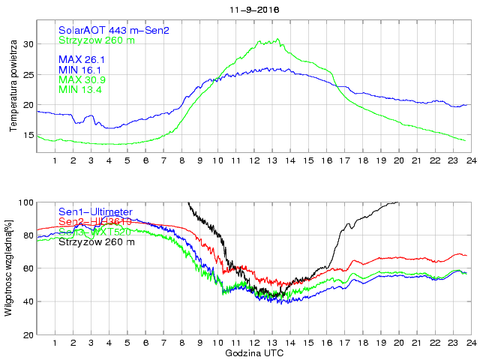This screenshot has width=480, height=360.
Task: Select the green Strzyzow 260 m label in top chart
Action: point(97,40)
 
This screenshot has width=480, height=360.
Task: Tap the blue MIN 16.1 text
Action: point(80,69)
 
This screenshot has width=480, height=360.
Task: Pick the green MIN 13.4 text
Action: point(80,90)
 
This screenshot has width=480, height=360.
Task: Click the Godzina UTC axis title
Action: point(254,352)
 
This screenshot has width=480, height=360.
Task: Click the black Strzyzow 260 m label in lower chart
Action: point(97,241)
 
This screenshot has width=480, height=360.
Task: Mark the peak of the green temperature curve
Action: point(278,39)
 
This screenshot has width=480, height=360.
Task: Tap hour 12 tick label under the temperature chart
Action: point(253,160)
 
